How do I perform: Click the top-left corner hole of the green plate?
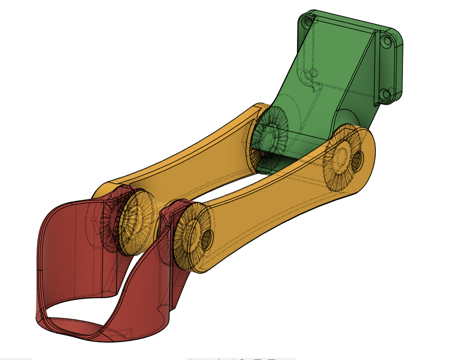pos(306,20)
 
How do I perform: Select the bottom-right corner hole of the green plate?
pos(385,95)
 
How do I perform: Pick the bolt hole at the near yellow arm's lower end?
pos(207,238)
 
